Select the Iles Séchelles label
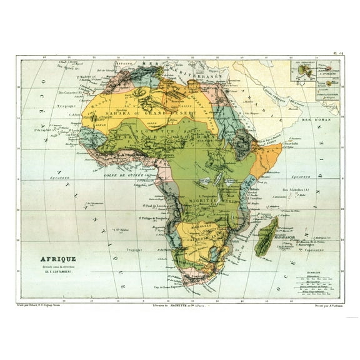point(295,189)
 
